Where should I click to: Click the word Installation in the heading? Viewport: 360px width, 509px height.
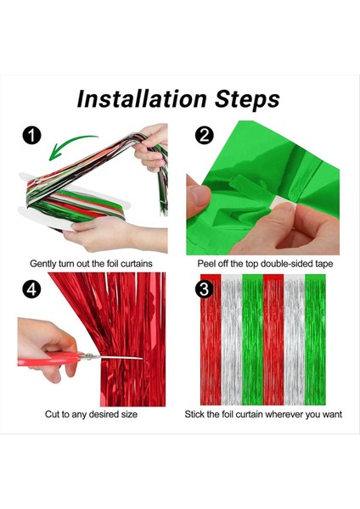(x=142, y=98)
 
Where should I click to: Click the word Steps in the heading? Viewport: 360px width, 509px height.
(x=247, y=99)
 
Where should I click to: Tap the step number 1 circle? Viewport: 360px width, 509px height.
(x=31, y=136)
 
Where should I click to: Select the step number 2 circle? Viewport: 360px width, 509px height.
(x=205, y=135)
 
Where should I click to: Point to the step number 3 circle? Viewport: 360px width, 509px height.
(x=204, y=288)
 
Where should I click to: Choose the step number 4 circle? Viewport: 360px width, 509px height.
(x=31, y=288)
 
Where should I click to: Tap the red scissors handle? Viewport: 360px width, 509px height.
(x=48, y=360)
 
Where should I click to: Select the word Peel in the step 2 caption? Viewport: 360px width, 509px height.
(x=205, y=264)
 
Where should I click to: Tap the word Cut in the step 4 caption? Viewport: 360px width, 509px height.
(x=52, y=414)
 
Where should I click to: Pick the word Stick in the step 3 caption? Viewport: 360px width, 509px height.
(x=194, y=414)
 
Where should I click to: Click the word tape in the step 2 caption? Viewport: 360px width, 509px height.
(x=324, y=264)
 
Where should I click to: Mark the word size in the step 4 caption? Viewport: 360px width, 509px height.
(x=129, y=415)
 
